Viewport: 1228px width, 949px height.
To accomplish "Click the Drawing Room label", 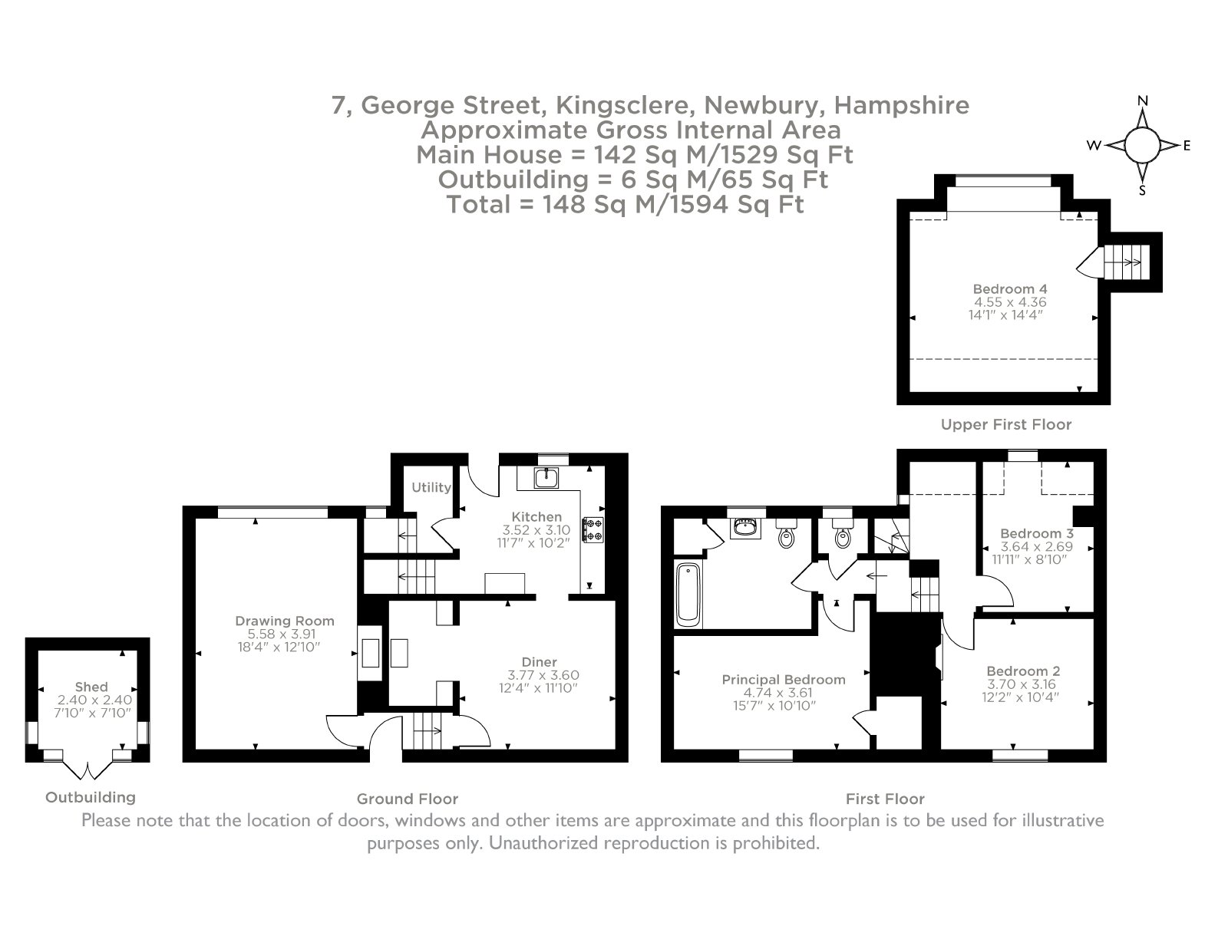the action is click(284, 621).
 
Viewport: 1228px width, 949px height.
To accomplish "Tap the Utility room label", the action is click(431, 487).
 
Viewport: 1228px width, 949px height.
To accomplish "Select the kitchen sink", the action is click(546, 478).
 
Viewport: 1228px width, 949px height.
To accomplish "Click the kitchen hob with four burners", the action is click(593, 530).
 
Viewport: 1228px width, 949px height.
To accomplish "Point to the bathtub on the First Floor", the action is click(688, 595).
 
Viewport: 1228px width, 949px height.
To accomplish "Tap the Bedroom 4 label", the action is click(1010, 289).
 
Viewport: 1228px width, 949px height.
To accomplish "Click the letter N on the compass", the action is click(1142, 101).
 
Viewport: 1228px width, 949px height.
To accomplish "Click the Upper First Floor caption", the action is click(1006, 425).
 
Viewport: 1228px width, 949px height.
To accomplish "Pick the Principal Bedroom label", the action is click(784, 680).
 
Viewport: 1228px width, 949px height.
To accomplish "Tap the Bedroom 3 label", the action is click(1036, 533).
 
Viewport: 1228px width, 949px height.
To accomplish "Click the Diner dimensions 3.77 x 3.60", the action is click(543, 675).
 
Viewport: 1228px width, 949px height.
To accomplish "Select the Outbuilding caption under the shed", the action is click(91, 798).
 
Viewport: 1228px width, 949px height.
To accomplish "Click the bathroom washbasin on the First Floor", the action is click(745, 528).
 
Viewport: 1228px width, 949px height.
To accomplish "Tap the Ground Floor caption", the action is click(408, 799).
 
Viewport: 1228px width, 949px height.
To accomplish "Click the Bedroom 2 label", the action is click(1023, 671).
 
